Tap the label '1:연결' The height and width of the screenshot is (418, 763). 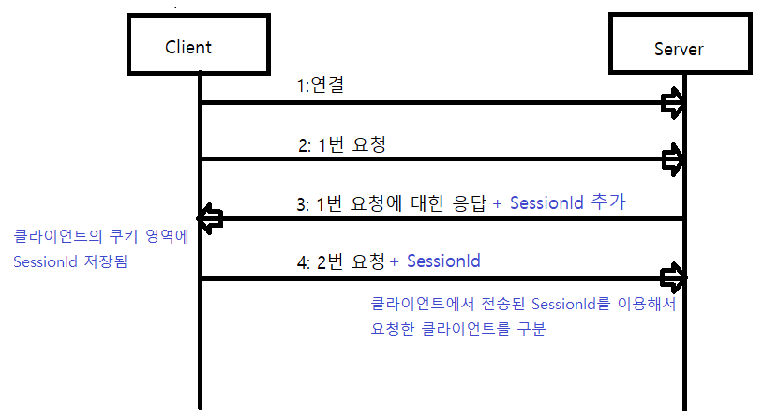[320, 86]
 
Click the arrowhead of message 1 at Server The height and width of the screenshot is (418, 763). [673, 103]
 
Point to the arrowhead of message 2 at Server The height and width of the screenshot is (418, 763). [673, 157]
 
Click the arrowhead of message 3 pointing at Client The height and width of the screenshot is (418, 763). [212, 218]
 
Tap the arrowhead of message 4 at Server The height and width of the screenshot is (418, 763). [673, 277]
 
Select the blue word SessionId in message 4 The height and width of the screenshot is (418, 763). [443, 261]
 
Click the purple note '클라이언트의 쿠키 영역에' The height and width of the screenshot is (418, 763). [101, 237]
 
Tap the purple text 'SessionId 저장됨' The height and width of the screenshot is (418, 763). [70, 263]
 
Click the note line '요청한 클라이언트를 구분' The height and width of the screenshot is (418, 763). [458, 329]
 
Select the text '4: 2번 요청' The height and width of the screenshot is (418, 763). [340, 262]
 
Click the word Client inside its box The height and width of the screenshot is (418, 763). [188, 47]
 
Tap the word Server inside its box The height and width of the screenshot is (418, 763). [678, 49]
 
